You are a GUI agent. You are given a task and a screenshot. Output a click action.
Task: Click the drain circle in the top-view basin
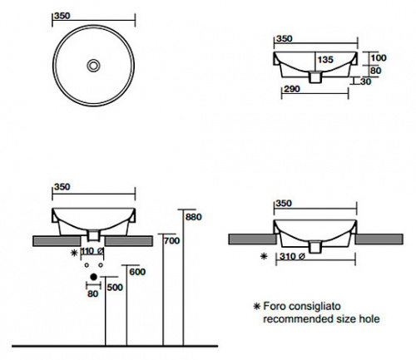(93, 66)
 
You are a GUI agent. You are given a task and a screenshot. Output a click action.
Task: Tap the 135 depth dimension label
(325, 60)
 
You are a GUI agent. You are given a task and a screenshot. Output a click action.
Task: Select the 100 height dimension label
(379, 57)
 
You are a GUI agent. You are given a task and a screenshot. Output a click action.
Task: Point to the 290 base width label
(292, 89)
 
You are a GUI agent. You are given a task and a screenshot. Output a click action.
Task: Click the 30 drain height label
(365, 81)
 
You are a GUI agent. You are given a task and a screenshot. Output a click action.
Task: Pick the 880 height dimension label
(194, 217)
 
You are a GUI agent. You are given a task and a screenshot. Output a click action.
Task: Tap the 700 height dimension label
(171, 241)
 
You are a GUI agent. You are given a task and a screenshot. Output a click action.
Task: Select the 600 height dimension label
(137, 272)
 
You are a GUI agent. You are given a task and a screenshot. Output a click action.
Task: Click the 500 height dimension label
(115, 288)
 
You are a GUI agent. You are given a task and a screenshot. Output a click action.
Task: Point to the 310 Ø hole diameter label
(292, 256)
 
